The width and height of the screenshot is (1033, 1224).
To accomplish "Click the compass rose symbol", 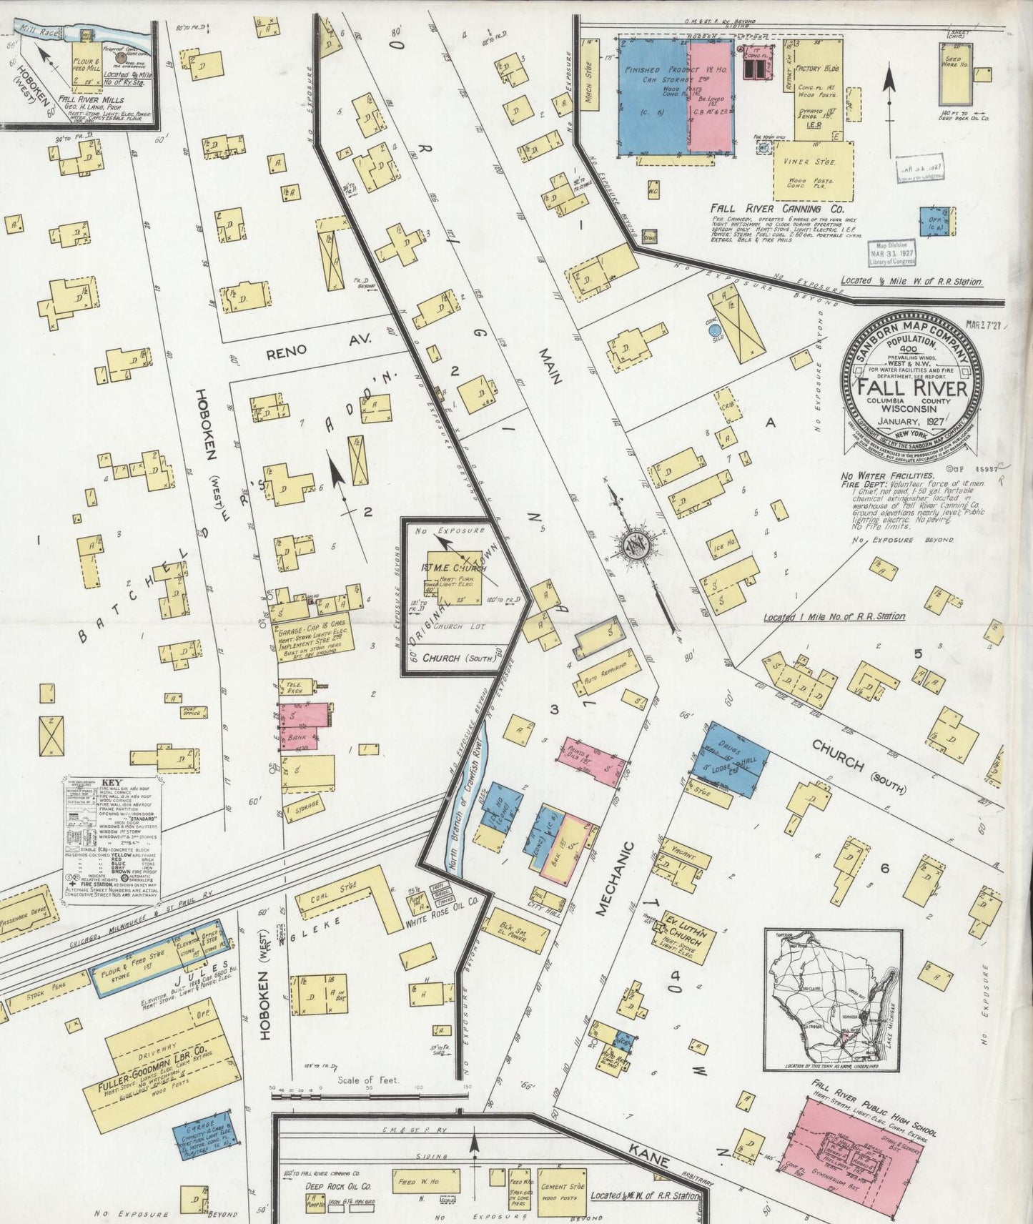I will pos(633,546).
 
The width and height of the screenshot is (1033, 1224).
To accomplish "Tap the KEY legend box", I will pos(111,829).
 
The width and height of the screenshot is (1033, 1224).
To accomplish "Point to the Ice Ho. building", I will pos(723,546).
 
